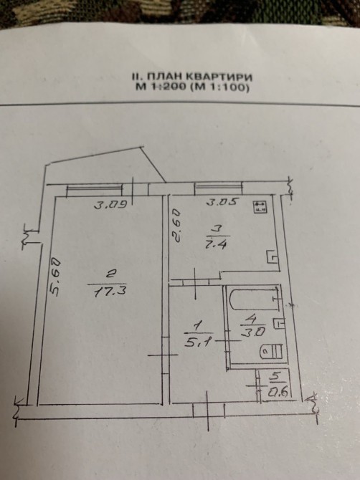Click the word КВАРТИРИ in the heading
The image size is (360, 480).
tap(219, 76)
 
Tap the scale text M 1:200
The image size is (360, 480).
tap(161, 87)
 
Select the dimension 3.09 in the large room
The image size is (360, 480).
tap(110, 204)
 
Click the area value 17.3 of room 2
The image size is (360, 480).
tap(110, 292)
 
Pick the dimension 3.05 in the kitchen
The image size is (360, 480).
tap(221, 202)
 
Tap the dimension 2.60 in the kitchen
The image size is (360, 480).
tap(177, 226)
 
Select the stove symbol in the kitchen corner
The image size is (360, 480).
tap(260, 206)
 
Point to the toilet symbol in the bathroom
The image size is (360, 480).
tap(271, 351)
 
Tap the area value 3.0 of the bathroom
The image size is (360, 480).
tap(252, 332)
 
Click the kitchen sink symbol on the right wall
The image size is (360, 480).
tap(272, 256)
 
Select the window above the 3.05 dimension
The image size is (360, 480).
tap(219, 188)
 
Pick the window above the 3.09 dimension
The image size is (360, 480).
tap(95, 191)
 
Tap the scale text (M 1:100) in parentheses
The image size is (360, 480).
tap(218, 87)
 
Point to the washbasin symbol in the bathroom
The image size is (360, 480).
tap(279, 322)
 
